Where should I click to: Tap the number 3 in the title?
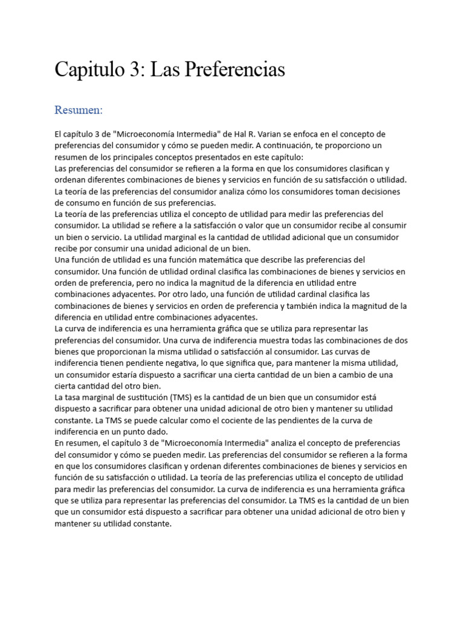click(134, 70)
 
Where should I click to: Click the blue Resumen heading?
click(79, 110)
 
